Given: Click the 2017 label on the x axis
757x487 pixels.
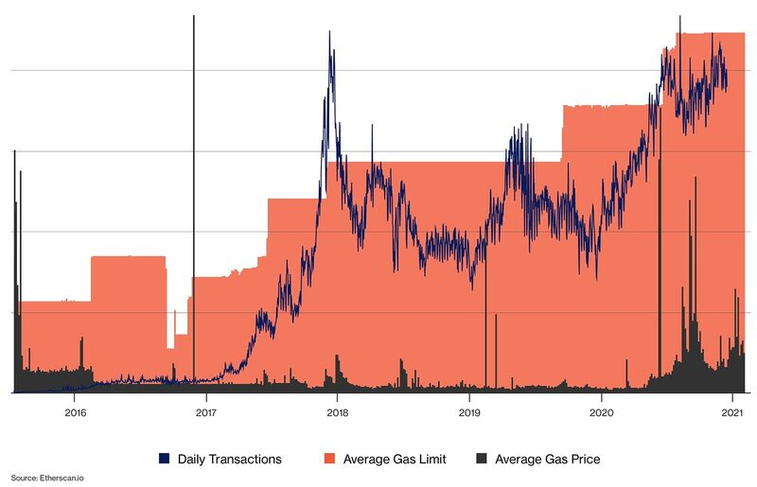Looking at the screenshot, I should pyautogui.click(x=206, y=412).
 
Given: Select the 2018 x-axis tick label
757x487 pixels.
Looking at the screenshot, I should pyautogui.click(x=338, y=412).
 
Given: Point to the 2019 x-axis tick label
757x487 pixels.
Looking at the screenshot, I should pyautogui.click(x=469, y=412).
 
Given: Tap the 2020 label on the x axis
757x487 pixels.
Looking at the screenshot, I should pyautogui.click(x=601, y=412).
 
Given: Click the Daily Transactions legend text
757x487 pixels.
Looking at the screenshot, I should pyautogui.click(x=231, y=459).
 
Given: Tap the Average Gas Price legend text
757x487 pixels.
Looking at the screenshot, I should pyautogui.click(x=547, y=459).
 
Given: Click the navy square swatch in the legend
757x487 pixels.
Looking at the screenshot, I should pyautogui.click(x=164, y=459).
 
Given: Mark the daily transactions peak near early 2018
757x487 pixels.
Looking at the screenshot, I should pyautogui.click(x=329, y=33).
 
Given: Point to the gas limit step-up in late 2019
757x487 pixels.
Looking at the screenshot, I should pyautogui.click(x=562, y=132).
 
